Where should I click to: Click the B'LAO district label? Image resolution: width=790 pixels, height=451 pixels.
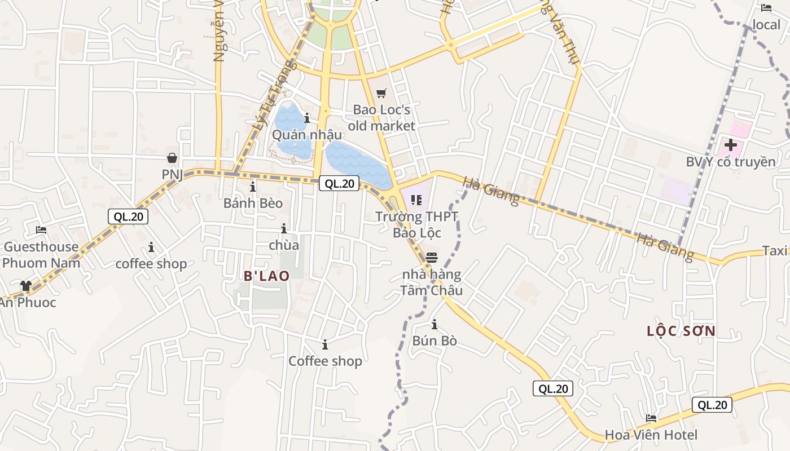pos(267,276)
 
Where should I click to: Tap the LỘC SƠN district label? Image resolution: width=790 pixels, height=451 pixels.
pos(681,331)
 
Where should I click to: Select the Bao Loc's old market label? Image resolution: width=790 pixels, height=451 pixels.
pos(381,117)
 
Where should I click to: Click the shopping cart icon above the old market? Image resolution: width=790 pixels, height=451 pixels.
pos(381,93)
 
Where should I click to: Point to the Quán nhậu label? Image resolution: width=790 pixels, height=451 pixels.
pos(306,135)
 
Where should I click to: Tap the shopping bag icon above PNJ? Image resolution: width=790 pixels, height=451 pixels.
pos(172,158)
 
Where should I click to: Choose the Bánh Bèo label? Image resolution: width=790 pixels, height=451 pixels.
pos(253,203)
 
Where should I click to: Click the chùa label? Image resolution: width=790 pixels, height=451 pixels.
pos(284,245)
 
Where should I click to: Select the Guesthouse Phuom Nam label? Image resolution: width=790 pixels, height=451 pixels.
pos(41,254)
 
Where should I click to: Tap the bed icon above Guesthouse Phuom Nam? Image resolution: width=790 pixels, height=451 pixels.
pos(41,230)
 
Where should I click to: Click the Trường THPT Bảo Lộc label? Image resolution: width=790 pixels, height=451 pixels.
pos(416,224)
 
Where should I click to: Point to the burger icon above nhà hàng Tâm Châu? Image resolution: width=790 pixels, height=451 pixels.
pos(432,258)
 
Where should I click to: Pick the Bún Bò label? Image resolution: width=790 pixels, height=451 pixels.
pos(434,341)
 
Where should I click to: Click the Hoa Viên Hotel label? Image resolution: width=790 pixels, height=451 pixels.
pos(651,435)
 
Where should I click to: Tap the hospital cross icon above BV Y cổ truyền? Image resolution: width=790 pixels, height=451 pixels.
pos(731,145)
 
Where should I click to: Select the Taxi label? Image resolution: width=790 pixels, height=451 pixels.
pos(774,251)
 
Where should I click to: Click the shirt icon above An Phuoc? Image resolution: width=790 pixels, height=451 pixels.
pos(25,286)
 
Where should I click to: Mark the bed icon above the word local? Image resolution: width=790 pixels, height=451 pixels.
pos(766,8)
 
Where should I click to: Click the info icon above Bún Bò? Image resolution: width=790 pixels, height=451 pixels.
pos(434,324)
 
